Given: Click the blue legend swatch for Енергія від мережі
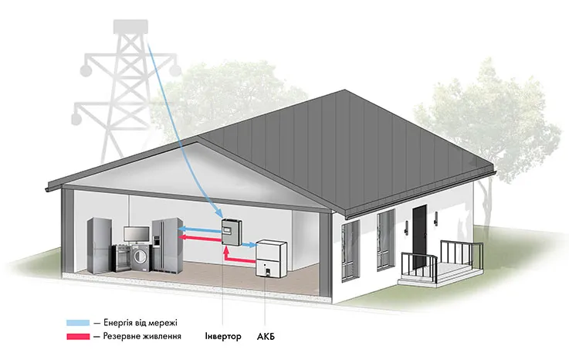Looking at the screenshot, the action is pyautogui.click(x=78, y=323).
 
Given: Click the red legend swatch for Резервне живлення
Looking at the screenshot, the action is pyautogui.click(x=78, y=336).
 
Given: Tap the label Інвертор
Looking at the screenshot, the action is pyautogui.click(x=223, y=336).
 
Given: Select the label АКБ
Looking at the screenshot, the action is pyautogui.click(x=266, y=337).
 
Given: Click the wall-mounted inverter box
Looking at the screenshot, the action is pyautogui.click(x=232, y=232).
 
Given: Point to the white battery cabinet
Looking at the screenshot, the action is pyautogui.click(x=272, y=259).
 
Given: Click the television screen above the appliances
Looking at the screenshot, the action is pyautogui.click(x=137, y=233).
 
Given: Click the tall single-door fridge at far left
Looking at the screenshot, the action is pyautogui.click(x=99, y=245).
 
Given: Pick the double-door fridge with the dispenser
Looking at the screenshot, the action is pyautogui.click(x=167, y=245).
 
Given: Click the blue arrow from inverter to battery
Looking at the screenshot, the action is pyautogui.click(x=249, y=245).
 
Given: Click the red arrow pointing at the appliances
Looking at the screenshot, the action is pyautogui.click(x=200, y=238).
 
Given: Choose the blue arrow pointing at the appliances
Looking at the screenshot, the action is pyautogui.click(x=200, y=229).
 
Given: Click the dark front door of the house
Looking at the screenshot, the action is pyautogui.click(x=419, y=236).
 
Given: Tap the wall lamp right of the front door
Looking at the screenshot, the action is pyautogui.click(x=435, y=218).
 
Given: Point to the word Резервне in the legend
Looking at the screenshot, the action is pyautogui.click(x=117, y=336).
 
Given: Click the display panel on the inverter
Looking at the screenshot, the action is pyautogui.click(x=229, y=229).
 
